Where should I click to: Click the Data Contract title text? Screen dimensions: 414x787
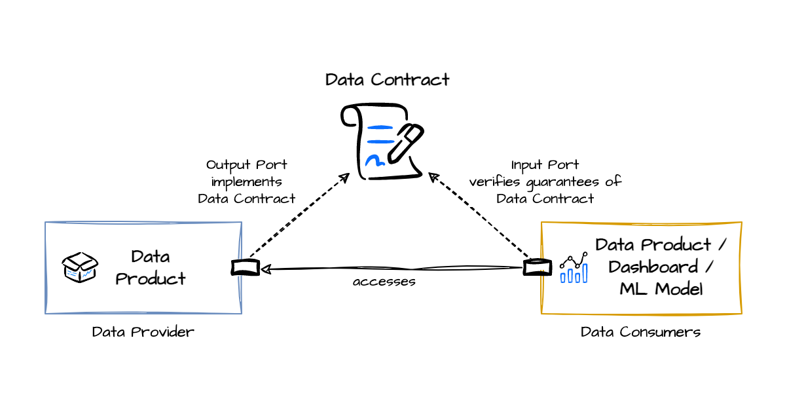pos(387,80)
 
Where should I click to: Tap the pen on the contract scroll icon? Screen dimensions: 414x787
pos(406,142)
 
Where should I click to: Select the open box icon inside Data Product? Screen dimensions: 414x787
pos(80,267)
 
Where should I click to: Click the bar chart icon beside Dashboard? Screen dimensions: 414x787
pos(574,268)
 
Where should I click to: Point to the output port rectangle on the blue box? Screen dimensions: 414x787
pos(245,267)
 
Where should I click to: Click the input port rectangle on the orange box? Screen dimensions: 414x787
pos(537,267)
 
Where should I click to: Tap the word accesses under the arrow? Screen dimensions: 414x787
pos(384,282)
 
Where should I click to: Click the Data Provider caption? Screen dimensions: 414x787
pos(143,332)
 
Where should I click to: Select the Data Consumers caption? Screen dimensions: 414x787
pos(640,332)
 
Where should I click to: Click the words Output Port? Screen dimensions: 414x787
pos(246,164)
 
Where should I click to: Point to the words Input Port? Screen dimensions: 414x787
pos(545,164)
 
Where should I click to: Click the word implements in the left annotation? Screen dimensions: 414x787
pos(246,181)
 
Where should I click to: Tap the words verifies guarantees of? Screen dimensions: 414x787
pos(545,181)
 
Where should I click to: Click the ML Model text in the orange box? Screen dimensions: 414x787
pos(661,289)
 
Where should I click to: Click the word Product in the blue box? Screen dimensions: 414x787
pos(151,278)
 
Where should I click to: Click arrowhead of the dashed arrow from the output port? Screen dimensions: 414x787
pos(348,175)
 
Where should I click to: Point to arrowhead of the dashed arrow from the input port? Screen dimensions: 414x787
pos(431,175)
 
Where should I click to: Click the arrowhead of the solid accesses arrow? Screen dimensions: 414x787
pos(264,269)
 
